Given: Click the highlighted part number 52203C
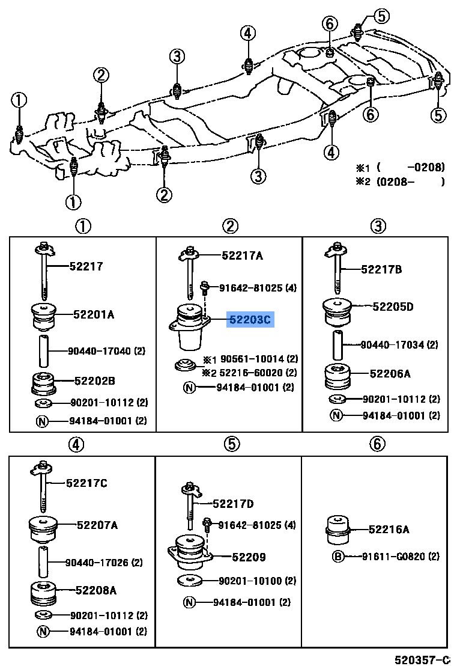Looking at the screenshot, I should click(250, 320).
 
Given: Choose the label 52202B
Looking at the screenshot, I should click(95, 380).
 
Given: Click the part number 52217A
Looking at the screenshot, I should click(242, 255).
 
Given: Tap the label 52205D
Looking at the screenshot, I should click(393, 307).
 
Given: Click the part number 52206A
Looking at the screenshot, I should click(390, 373).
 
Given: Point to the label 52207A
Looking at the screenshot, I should click(97, 525).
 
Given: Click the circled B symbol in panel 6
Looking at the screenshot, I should click(338, 557).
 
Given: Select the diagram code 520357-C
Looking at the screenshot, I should click(422, 659).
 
